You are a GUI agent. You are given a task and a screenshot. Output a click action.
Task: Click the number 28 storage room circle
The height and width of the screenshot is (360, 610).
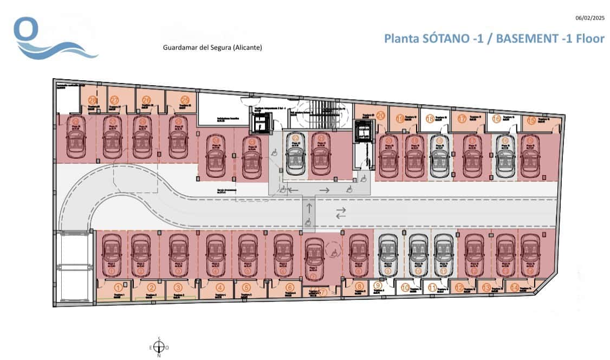(93, 100)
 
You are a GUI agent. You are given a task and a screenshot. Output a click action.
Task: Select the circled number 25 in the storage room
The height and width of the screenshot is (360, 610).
(185, 100)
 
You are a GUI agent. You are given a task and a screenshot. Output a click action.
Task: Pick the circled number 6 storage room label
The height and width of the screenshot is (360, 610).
(290, 288)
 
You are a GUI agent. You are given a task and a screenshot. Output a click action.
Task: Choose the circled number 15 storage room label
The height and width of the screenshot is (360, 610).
(531, 121)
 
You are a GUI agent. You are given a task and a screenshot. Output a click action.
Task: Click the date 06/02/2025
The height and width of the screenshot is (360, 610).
(589, 18)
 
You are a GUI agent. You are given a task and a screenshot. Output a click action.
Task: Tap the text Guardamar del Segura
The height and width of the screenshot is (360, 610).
(212, 48)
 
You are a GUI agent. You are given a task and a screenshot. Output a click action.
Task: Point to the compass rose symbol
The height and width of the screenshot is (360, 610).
(159, 347)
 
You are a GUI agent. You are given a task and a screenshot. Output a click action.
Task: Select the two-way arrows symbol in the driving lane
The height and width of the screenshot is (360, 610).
(341, 213)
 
